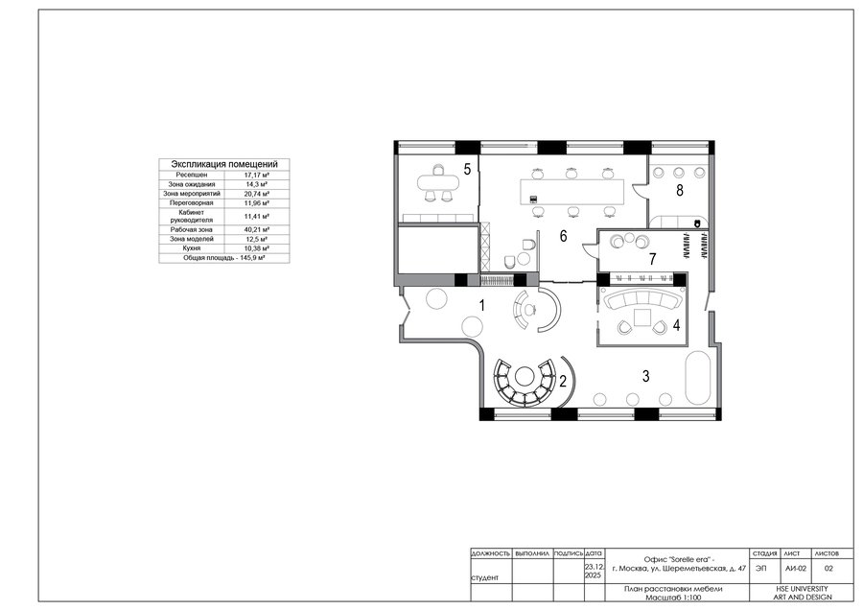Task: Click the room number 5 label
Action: [x=467, y=169]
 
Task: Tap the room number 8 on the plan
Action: [x=680, y=191]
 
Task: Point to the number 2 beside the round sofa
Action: [x=563, y=381]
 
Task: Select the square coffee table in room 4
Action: [x=641, y=318]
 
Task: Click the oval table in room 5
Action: [x=438, y=181]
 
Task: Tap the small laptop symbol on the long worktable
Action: [x=533, y=199]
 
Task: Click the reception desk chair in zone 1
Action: [x=530, y=309]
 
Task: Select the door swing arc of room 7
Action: [x=590, y=248]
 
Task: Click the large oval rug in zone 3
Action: [x=698, y=379]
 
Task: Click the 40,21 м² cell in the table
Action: [x=256, y=229]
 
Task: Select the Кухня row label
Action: [x=192, y=248]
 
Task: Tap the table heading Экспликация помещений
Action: [x=224, y=164]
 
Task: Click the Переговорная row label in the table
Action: [x=192, y=203]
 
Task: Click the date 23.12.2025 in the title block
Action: [x=594, y=571]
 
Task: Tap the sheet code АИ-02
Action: [x=795, y=569]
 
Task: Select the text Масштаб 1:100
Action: [x=673, y=598]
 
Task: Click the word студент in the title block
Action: [x=485, y=577]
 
